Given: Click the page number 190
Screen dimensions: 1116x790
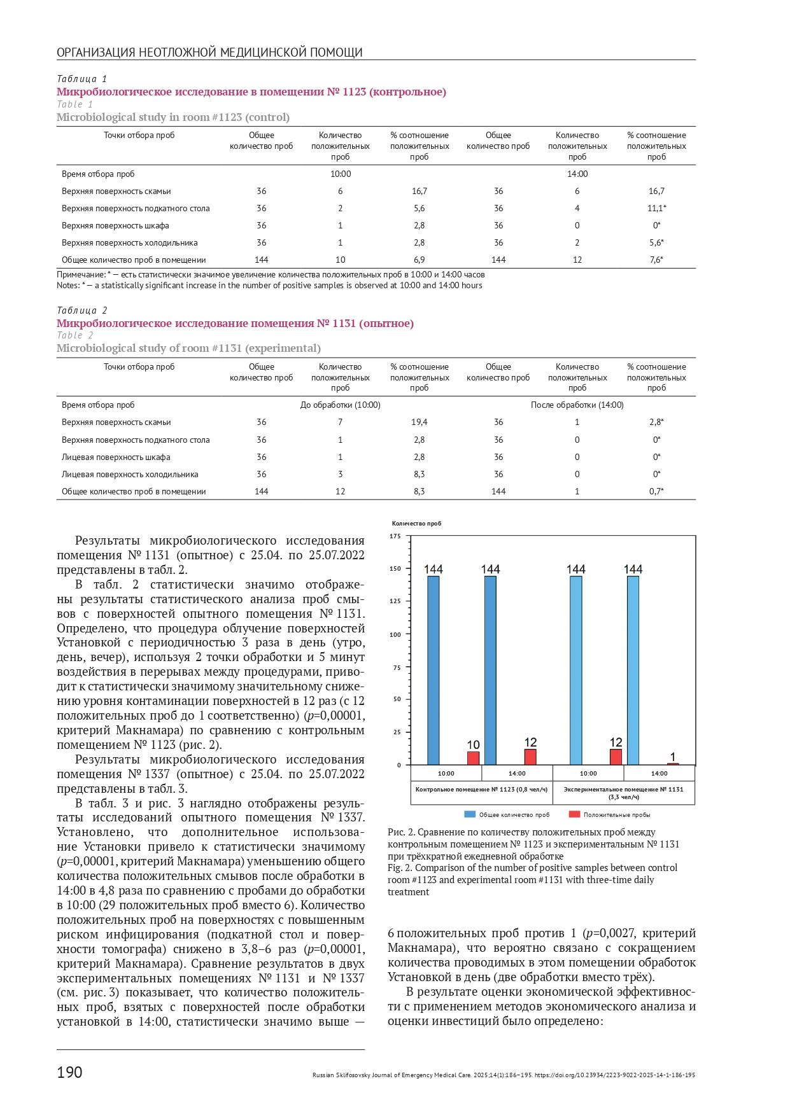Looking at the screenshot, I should [69, 1072].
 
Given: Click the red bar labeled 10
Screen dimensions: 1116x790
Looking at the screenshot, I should [473, 758].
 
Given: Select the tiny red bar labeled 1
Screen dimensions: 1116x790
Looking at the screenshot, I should [673, 764].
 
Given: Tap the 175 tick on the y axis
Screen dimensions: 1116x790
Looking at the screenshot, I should [395, 536].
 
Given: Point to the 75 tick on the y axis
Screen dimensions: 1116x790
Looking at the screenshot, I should [397, 667].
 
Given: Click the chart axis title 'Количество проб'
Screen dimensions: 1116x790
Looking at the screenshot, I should [416, 524].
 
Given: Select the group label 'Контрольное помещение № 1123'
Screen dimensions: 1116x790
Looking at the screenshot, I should [481, 790].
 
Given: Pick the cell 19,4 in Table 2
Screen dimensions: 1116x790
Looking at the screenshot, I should [419, 422].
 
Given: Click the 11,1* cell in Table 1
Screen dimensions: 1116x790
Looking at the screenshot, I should [656, 209].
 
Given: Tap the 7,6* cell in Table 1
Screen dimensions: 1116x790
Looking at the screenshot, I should [656, 260].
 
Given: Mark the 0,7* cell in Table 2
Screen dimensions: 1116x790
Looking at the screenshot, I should [656, 492].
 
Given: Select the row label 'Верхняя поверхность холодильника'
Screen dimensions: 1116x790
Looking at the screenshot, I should [129, 243].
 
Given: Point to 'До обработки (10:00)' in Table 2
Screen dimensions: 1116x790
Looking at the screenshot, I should [340, 405].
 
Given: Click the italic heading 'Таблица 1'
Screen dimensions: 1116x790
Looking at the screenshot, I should [82, 79].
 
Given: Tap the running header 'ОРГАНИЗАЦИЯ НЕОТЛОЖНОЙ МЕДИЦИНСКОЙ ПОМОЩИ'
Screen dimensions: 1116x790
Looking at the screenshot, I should [209, 52].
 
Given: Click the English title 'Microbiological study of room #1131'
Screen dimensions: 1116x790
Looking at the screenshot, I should [188, 348].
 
